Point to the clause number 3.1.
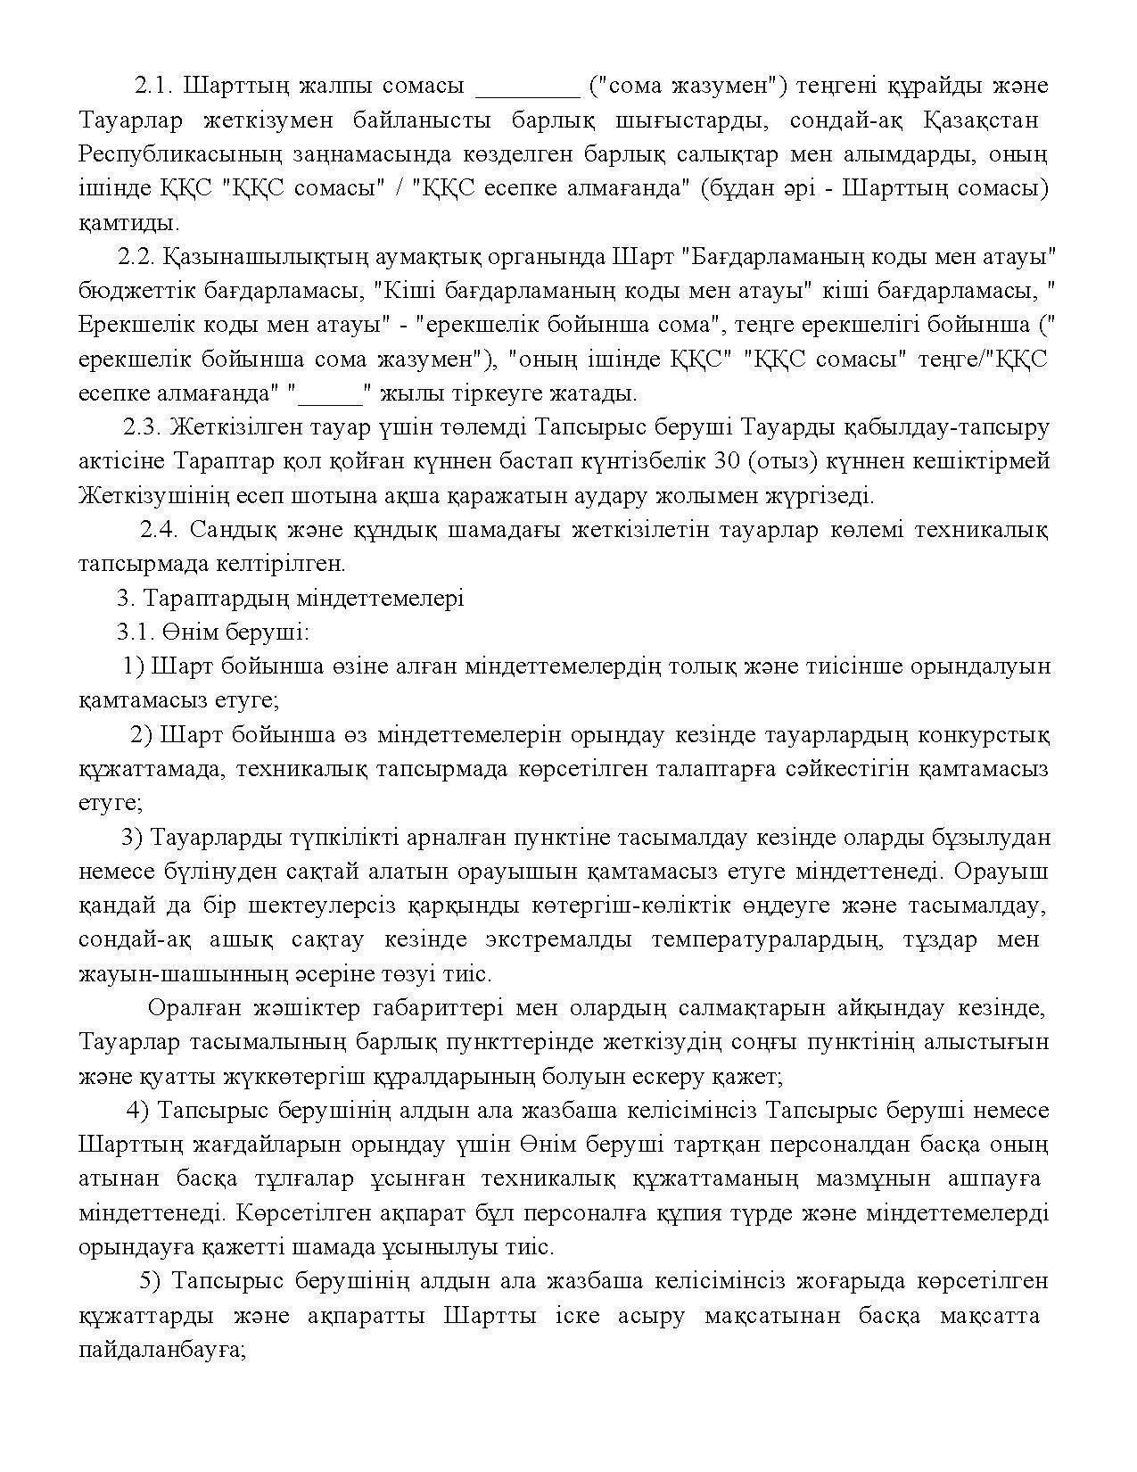click(135, 633)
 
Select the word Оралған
click(192, 1009)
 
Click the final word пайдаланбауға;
click(162, 1351)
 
